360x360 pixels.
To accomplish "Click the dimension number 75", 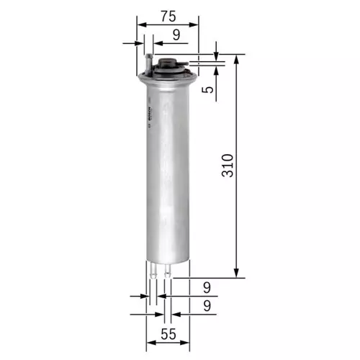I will click(x=167, y=14).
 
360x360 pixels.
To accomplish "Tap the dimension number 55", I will click(x=167, y=334).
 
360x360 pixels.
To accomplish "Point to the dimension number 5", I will click(x=207, y=90).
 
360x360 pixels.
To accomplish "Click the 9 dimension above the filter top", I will click(x=176, y=33).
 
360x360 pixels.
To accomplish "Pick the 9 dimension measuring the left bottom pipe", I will click(x=207, y=287).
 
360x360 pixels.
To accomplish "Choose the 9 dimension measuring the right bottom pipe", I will click(x=207, y=305).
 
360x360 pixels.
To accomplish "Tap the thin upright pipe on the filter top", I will click(x=148, y=60).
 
